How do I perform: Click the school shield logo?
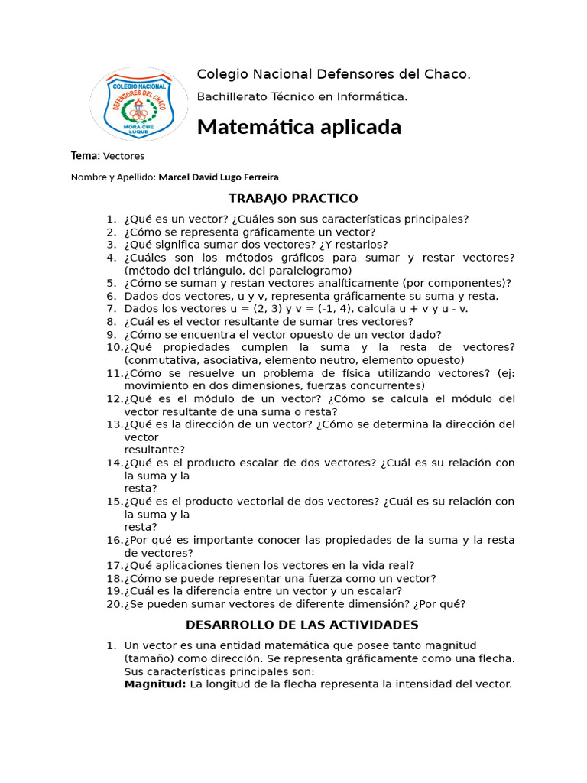[139, 104]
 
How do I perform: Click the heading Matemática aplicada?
[299, 127]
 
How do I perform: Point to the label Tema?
[86, 156]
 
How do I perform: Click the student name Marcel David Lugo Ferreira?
[219, 177]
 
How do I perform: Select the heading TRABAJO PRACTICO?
[293, 199]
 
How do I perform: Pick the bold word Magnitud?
[155, 684]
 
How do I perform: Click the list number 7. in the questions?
[112, 309]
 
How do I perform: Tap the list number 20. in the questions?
[114, 604]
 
